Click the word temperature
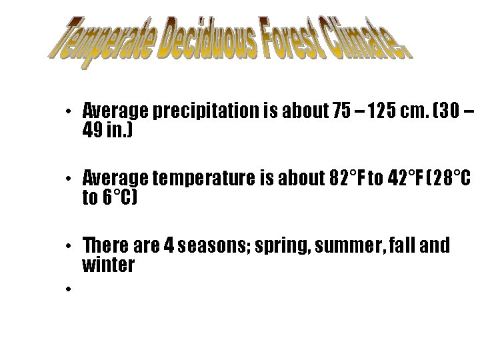[x=198, y=179]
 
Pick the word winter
[x=108, y=265]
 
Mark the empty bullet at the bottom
[x=69, y=289]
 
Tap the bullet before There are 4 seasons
[x=69, y=247]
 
